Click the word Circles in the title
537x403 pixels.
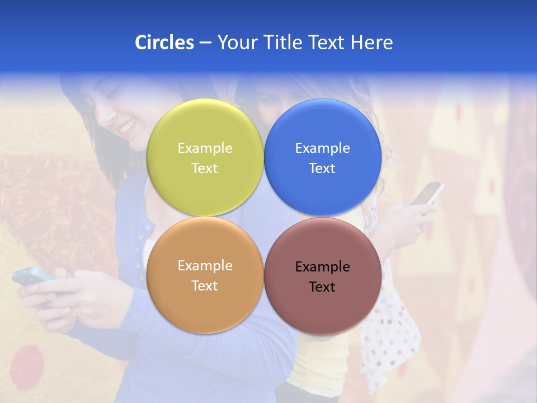164,43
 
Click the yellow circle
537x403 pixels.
205,157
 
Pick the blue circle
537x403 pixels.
322,157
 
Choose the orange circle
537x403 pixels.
205,275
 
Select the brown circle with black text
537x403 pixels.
322,276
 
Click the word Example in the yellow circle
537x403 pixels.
205,148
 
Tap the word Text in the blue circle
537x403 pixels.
322,168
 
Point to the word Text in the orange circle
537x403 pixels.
205,286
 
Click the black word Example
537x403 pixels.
322,267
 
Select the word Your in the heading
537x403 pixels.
236,43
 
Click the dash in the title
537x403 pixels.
205,43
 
